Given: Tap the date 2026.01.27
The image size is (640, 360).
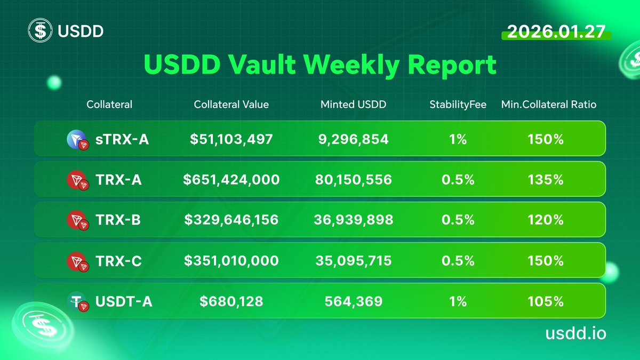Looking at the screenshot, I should pos(556,31).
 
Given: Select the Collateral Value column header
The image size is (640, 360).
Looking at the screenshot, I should pos(231,105).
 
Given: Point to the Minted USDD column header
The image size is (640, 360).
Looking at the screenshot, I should pos(353,105).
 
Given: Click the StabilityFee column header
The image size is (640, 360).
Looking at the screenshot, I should pos(458,105).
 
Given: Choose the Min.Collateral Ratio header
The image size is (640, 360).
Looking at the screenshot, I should pos(548,105).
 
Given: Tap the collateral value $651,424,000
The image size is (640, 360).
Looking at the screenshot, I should pos(231,180).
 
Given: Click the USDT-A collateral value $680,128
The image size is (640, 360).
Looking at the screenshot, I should pos(231,301).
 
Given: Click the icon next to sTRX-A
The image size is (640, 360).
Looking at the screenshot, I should pos(77,140).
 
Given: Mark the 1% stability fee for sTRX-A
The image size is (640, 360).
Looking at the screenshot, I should pos(458,139).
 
